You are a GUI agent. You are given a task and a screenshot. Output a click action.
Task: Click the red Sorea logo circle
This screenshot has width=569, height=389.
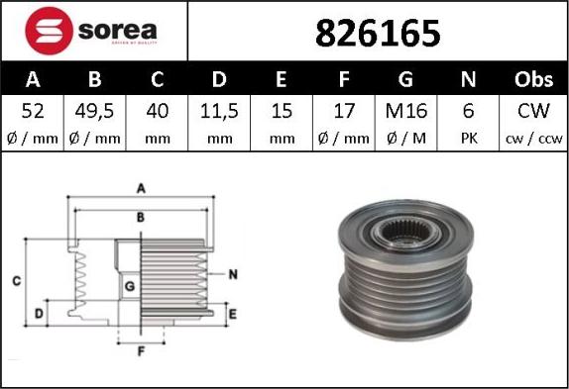click(50, 31)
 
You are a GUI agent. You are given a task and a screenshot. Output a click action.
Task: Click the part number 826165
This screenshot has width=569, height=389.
click(378, 34)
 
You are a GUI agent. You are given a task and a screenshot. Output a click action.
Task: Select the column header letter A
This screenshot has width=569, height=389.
click(33, 79)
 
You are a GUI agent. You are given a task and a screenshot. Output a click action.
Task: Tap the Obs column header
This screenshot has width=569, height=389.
click(533, 79)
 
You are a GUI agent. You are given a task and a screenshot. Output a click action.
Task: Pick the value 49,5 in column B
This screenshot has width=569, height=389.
click(95, 111)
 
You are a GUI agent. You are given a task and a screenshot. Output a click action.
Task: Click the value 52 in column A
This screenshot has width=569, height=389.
click(33, 111)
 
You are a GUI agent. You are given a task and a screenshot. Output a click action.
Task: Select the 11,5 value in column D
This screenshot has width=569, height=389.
click(219, 111)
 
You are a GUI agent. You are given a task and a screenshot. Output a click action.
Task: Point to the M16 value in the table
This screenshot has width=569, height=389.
click(406, 111)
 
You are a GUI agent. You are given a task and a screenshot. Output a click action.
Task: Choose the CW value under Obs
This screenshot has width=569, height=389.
click(533, 111)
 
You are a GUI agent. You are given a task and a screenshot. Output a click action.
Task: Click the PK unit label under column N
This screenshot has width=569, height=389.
click(469, 139)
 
